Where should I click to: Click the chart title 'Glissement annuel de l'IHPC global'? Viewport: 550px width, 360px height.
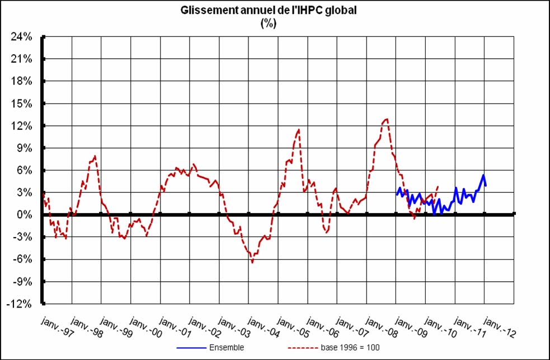coord(269,11)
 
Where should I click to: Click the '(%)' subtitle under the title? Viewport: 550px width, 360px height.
coord(269,23)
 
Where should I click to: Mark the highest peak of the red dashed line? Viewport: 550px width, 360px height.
coord(387,119)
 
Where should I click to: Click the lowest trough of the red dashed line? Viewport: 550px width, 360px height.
coord(252,262)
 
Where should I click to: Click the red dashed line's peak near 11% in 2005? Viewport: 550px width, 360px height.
coord(299,130)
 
